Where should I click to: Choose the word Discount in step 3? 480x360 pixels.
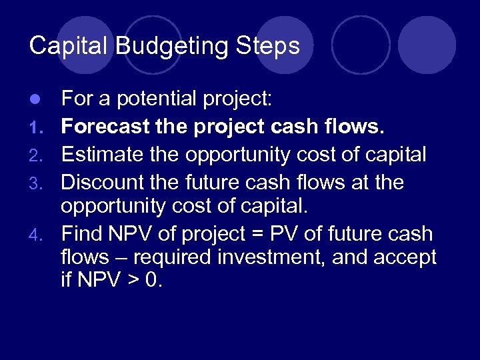click(101, 181)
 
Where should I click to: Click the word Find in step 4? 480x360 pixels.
click(78, 235)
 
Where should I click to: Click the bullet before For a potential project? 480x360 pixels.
click(38, 100)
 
